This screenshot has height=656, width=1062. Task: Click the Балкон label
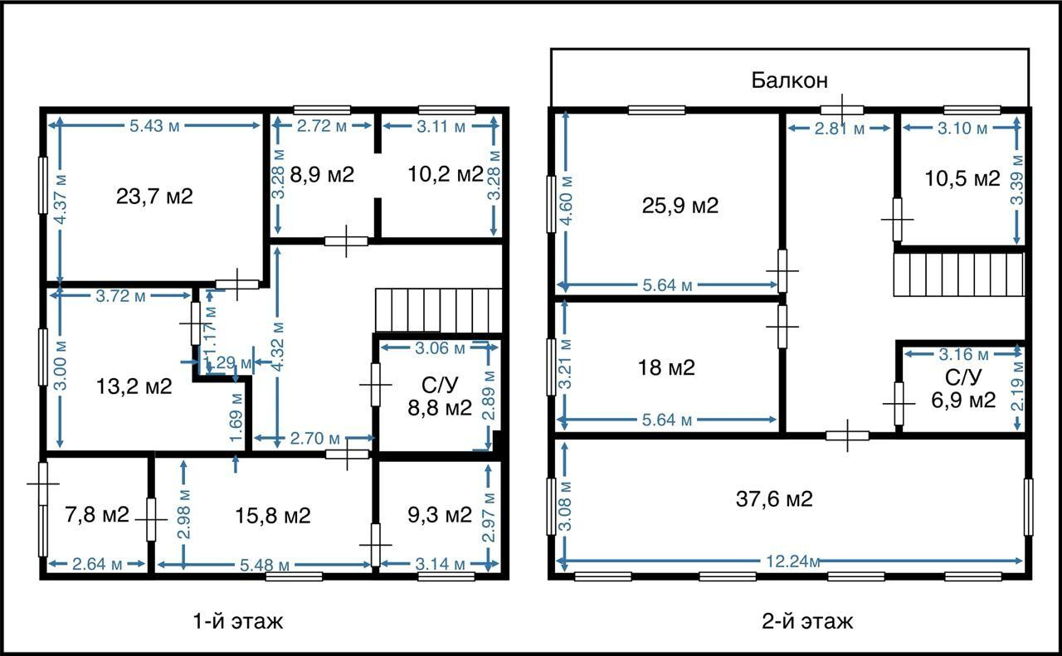[x=789, y=80]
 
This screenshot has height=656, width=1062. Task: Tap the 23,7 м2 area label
[x=154, y=197]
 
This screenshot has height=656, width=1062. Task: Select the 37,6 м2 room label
[x=774, y=499]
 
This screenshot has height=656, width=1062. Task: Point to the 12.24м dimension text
[x=793, y=561]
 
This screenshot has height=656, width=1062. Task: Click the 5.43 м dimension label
[x=154, y=126]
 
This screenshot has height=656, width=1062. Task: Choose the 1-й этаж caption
[x=238, y=621]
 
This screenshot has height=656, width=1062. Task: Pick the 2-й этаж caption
[x=807, y=621]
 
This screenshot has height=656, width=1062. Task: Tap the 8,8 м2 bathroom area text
[x=440, y=408]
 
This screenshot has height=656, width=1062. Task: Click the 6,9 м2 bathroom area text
[x=963, y=400]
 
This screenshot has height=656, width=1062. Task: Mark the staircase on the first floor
[x=439, y=310]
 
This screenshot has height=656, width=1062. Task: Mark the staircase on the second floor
[x=958, y=275]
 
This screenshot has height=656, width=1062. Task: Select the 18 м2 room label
[x=666, y=368]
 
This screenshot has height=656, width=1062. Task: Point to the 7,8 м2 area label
[x=97, y=515]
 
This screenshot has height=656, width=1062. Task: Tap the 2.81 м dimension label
[x=840, y=129]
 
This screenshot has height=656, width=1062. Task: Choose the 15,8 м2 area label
[x=273, y=516]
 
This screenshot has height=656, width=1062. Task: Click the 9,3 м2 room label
[x=440, y=515]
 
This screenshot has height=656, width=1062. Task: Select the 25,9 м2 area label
[x=680, y=206]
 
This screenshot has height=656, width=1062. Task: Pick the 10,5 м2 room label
[x=963, y=178]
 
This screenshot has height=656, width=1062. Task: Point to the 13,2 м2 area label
[x=134, y=386]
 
